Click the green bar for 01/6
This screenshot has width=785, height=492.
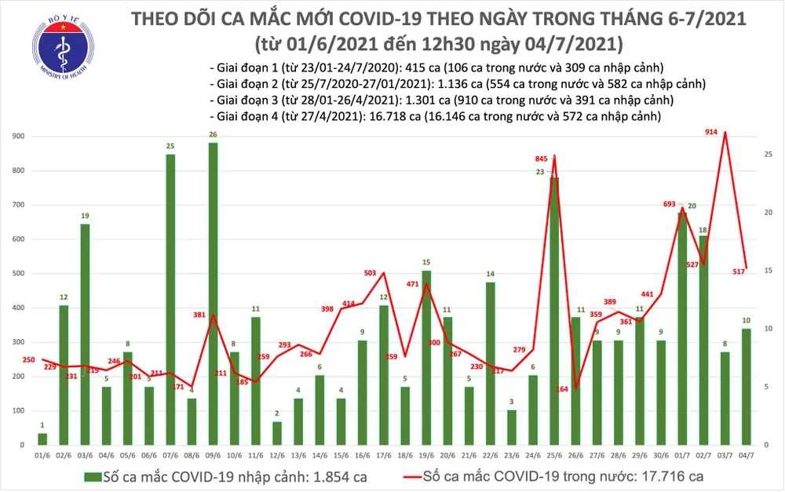click(x=42, y=439)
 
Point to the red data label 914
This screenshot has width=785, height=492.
click(x=711, y=133)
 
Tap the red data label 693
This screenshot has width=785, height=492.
click(x=670, y=204)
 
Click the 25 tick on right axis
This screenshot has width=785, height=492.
click(x=768, y=154)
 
